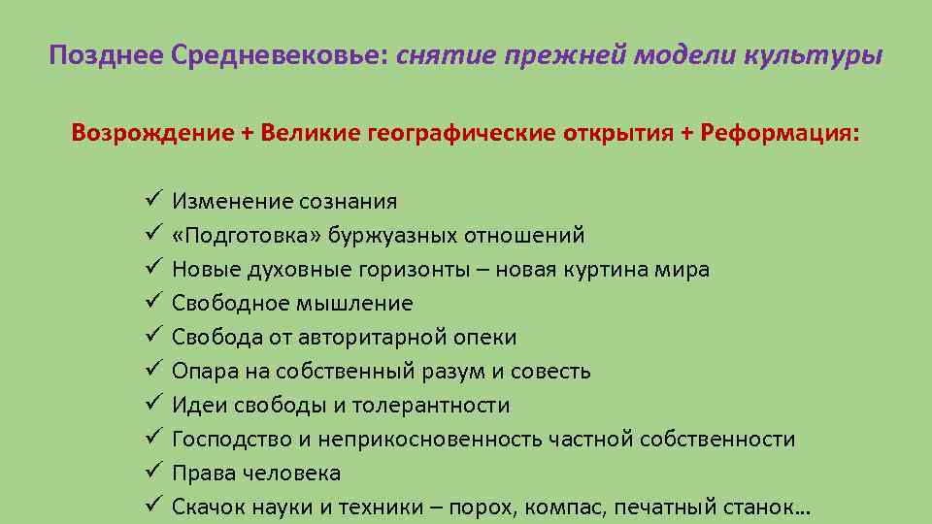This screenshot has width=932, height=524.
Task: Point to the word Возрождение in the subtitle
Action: tap(147, 132)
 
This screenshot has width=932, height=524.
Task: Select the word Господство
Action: tap(231, 440)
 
